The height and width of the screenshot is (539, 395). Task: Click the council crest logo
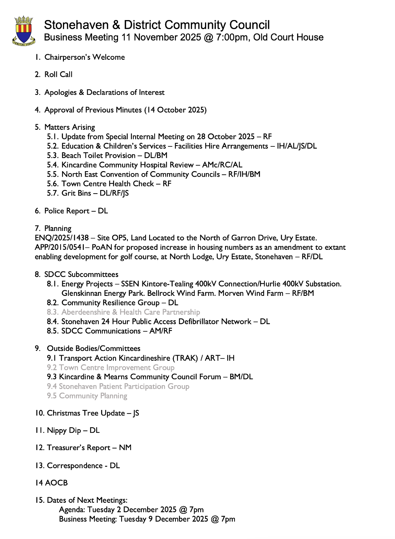(24, 31)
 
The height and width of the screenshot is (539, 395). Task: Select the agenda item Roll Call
(58, 74)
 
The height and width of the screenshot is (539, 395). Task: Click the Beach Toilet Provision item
(98, 155)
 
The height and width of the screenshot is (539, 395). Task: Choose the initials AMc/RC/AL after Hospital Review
(222, 165)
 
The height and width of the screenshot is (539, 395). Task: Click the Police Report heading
(67, 211)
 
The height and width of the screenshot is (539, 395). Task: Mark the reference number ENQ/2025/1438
(62, 238)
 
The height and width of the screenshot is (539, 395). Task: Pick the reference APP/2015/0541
(62, 247)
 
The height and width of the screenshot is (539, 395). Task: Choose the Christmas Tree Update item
(86, 413)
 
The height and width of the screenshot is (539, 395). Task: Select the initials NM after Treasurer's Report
(125, 448)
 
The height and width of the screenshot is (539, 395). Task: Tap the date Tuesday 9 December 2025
(164, 519)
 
